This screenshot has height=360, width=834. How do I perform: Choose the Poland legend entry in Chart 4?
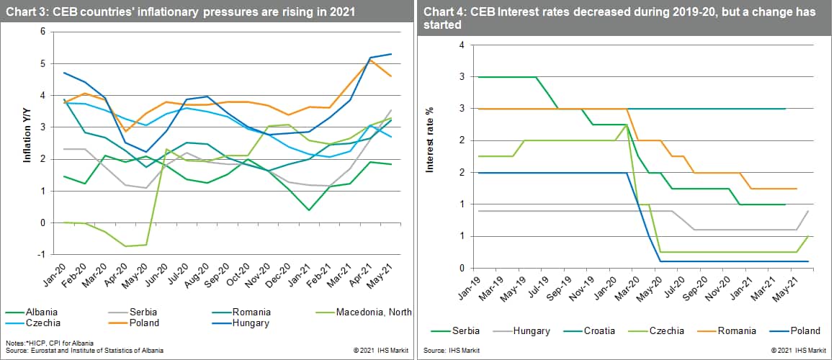(x=804, y=331)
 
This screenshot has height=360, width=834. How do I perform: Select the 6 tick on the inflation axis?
(x=43, y=32)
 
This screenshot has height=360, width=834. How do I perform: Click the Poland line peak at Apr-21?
(x=369, y=60)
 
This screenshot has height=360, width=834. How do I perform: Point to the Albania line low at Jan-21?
(x=308, y=210)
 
